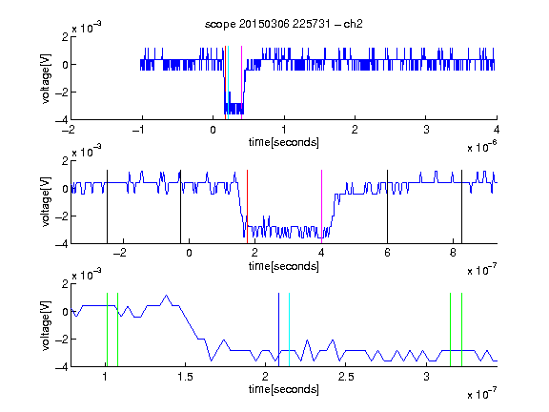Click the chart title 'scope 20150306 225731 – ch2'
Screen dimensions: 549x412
(x=284, y=24)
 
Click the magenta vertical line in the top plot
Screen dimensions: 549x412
(x=241, y=83)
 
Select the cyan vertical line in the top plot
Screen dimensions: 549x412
(x=228, y=83)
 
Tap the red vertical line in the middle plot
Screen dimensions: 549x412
(x=247, y=207)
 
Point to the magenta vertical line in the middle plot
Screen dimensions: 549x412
(x=321, y=207)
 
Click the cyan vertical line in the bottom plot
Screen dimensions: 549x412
(x=289, y=330)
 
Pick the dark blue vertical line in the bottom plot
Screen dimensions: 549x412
(x=278, y=330)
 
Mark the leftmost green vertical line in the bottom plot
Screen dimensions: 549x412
(x=107, y=330)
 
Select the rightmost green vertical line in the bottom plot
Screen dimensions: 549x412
(x=462, y=330)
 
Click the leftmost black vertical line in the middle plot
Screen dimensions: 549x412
(x=107, y=207)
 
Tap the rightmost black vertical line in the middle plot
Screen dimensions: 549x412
(x=462, y=207)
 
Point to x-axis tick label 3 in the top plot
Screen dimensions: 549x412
(x=426, y=130)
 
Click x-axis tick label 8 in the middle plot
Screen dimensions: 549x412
(x=453, y=253)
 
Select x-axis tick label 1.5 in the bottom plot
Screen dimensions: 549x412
(x=185, y=377)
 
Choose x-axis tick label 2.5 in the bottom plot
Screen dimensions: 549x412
(x=346, y=377)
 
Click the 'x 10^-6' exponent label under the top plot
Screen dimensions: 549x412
(x=482, y=147)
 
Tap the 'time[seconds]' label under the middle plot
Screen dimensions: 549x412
(x=284, y=266)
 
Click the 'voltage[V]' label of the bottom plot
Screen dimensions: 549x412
(x=46, y=325)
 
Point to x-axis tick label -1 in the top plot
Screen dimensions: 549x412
(x=138, y=130)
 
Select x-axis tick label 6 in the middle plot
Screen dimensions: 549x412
(x=387, y=253)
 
